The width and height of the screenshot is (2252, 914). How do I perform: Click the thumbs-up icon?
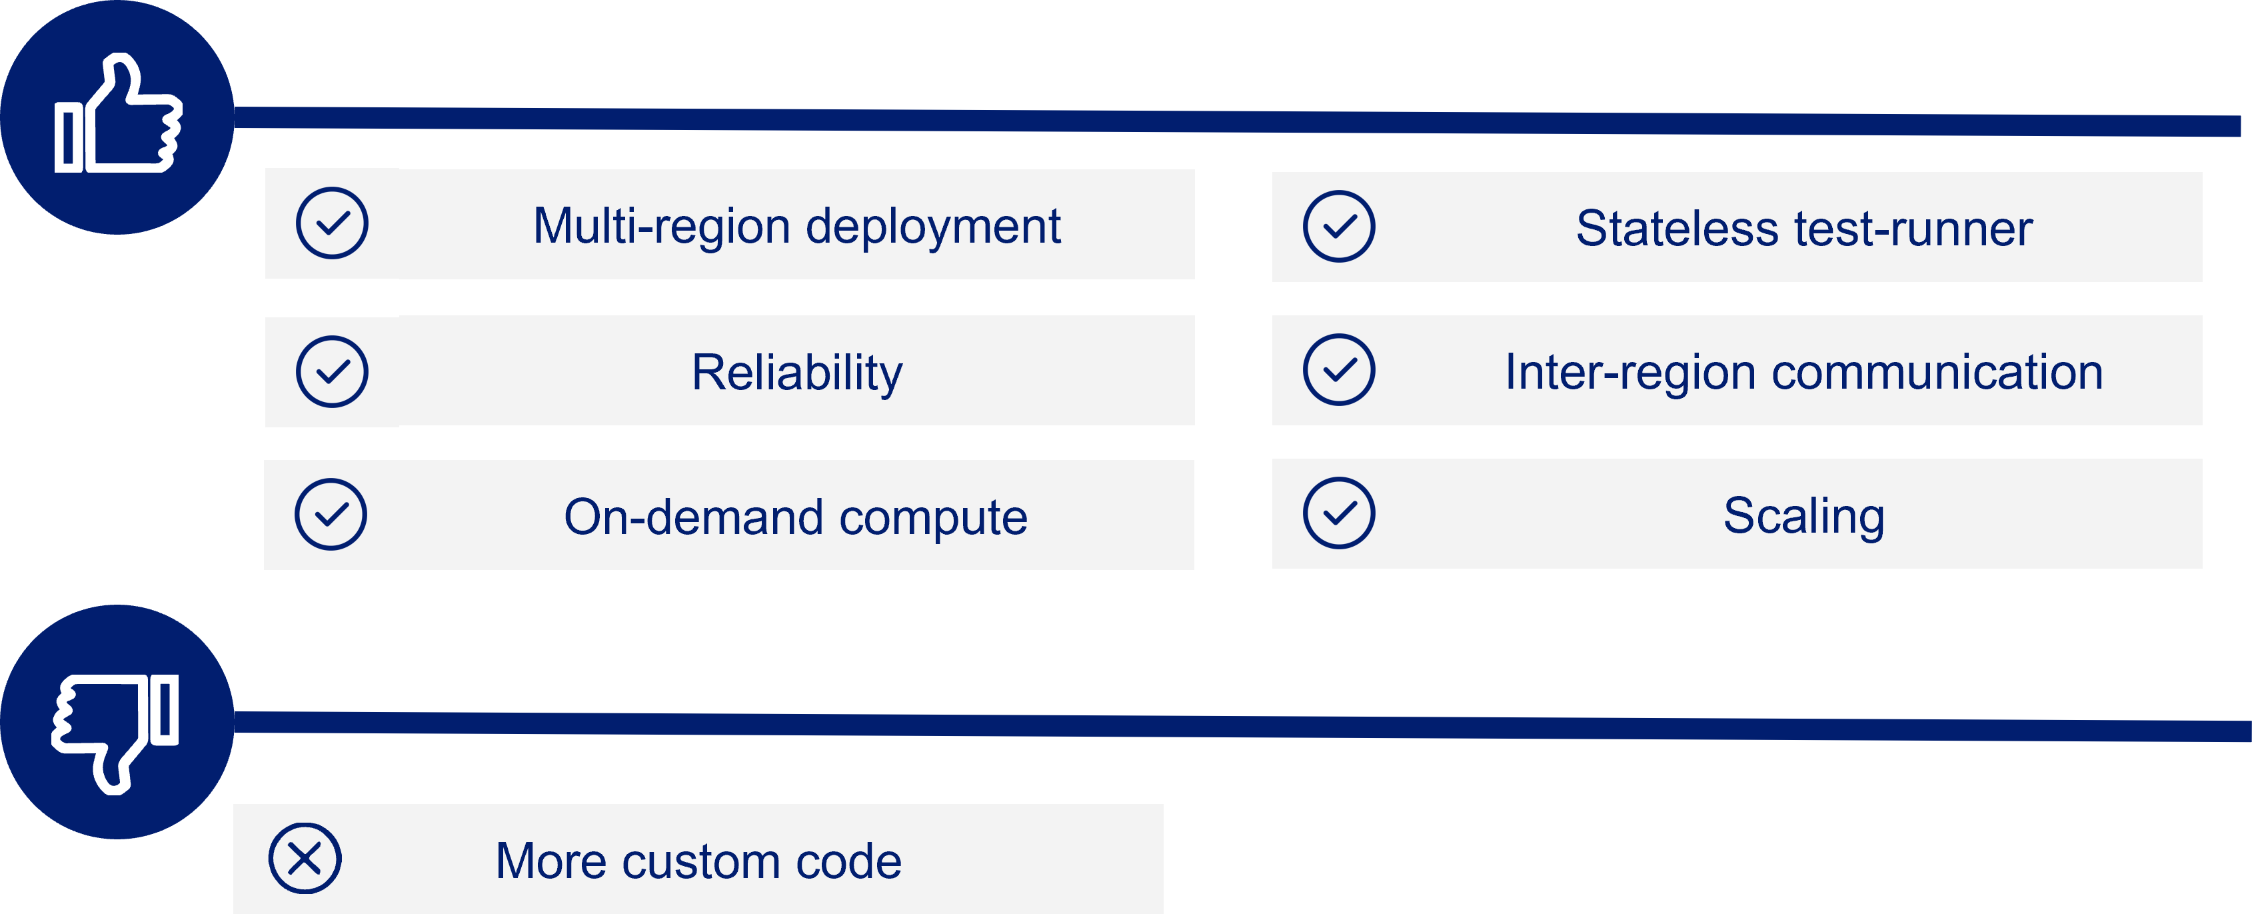[117, 114]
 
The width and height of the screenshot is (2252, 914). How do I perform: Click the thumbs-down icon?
[116, 733]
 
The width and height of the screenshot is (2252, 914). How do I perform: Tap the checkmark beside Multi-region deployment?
[332, 223]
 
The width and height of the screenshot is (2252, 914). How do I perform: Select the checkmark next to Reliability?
[332, 372]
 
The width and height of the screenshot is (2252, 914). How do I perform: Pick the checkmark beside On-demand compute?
[331, 514]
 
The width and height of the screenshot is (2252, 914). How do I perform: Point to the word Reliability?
[797, 373]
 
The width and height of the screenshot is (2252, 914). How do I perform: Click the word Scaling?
[1804, 516]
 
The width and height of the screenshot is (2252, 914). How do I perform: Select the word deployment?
[933, 227]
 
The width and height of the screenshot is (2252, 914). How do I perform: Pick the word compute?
[934, 518]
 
